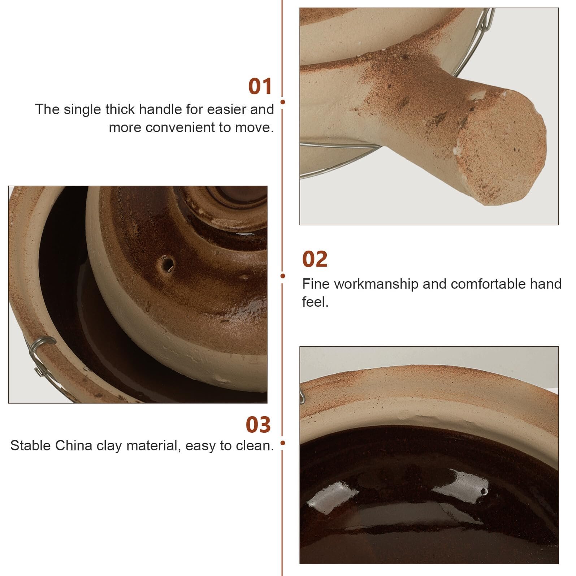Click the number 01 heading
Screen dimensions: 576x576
pos(260,87)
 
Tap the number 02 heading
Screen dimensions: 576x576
pos(315,259)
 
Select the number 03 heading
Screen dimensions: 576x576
pos(258,425)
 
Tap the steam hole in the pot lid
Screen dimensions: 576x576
pos(167,264)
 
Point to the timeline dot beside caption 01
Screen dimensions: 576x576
pos(283,102)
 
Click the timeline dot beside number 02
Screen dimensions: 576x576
pos(283,276)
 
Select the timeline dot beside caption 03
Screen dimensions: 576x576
pos(283,443)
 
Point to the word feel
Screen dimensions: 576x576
pos(315,302)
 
